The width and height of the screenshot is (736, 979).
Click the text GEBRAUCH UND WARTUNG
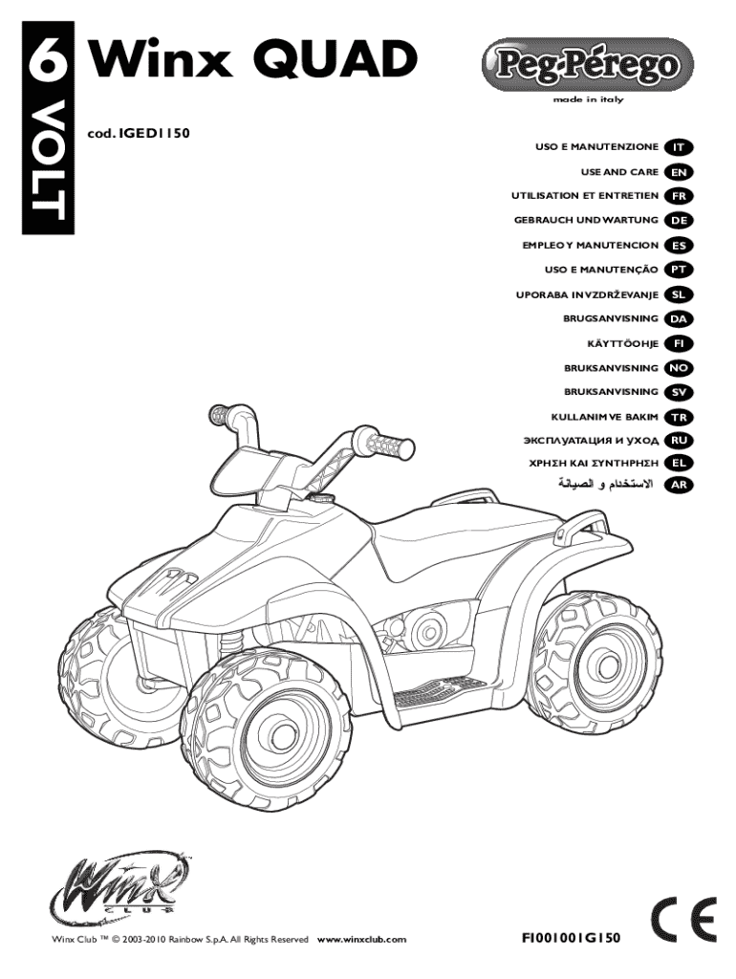(585, 221)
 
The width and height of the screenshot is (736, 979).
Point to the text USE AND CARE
(619, 172)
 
